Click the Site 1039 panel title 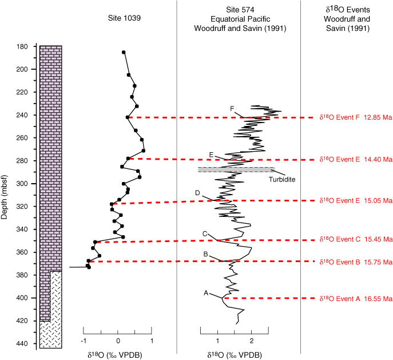tap(124, 18)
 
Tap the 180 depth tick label tap(22, 46)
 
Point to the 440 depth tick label tap(22, 343)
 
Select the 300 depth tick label tap(22, 184)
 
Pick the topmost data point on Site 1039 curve tap(124, 52)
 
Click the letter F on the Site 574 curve tap(232, 109)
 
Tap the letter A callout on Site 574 tap(206, 293)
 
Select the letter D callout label tap(197, 193)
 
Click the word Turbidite tap(282, 180)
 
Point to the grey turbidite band tap(236, 170)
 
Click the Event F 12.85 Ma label tap(356, 117)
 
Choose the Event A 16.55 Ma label tap(356, 299)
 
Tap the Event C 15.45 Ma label tap(356, 239)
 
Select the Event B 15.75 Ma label tap(356, 262)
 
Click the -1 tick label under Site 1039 tap(84, 341)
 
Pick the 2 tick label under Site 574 tap(252, 341)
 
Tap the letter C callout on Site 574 tap(205, 234)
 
